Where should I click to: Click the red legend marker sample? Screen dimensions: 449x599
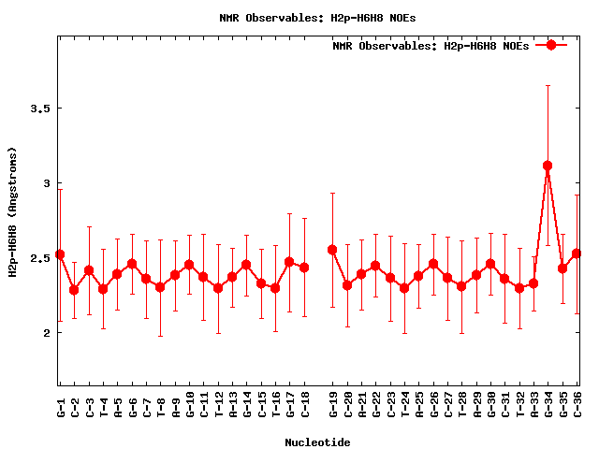[x=551, y=45]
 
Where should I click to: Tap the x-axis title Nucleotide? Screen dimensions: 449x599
[x=318, y=442]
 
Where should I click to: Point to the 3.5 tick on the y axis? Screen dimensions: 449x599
[x=39, y=109]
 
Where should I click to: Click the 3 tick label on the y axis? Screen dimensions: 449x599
[x=46, y=183]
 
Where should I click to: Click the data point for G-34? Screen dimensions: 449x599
[x=548, y=166]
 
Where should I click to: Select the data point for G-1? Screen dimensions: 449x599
[x=60, y=254]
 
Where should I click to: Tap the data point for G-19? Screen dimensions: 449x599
[x=332, y=250]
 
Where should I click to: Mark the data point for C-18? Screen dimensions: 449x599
[x=304, y=268]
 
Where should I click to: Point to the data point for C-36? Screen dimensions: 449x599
[x=577, y=253]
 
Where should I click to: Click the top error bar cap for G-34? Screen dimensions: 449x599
[x=548, y=85]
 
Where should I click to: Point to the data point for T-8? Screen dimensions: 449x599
[x=160, y=287]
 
